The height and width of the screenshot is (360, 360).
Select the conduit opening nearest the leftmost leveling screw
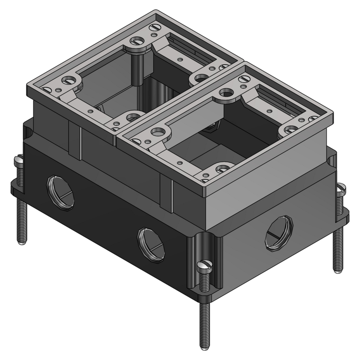point(60,190)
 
